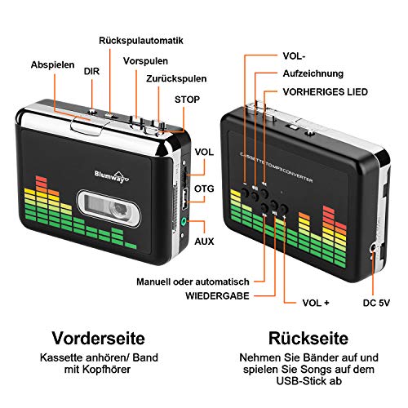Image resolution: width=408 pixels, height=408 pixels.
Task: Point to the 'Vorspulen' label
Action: click(146, 61)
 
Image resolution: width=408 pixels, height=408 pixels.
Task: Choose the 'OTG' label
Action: click(205, 186)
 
